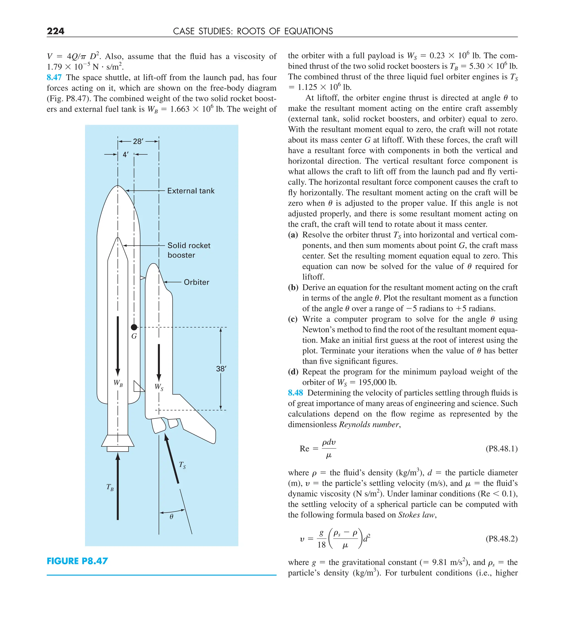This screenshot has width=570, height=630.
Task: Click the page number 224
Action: [56, 31]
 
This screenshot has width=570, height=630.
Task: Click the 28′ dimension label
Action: [138, 141]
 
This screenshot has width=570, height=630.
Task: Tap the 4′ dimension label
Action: [126, 154]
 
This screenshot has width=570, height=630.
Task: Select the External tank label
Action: [191, 191]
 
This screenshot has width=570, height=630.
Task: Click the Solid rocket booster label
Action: [189, 250]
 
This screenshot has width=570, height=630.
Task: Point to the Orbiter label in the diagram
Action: [196, 282]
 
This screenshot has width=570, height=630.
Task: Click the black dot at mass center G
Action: [134, 327]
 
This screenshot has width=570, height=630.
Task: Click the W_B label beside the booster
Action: [118, 383]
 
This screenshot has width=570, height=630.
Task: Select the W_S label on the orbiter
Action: [159, 387]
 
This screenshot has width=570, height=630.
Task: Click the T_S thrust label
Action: [182, 465]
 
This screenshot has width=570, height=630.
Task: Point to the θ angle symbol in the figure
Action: [171, 517]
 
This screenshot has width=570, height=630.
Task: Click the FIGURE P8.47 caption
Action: [77, 561]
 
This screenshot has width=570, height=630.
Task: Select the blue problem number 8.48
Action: [295, 393]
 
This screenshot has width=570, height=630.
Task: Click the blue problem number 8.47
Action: [54, 77]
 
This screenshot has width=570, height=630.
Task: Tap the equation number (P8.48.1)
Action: [501, 449]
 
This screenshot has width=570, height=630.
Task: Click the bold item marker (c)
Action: [293, 319]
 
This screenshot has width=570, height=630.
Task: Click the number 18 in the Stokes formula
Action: [321, 545]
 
